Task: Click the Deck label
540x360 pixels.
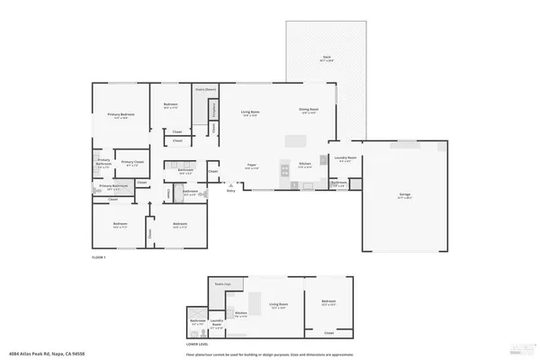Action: click(326, 58)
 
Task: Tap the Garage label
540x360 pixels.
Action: click(406, 195)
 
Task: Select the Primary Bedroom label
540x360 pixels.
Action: click(121, 115)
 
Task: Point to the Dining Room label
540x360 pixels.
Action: click(310, 112)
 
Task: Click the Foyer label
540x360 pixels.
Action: click(255, 166)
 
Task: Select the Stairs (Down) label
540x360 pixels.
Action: click(206, 90)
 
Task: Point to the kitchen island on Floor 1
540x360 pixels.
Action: click(297, 141)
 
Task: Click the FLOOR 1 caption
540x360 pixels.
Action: click(99, 258)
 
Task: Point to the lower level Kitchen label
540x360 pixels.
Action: click(241, 314)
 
